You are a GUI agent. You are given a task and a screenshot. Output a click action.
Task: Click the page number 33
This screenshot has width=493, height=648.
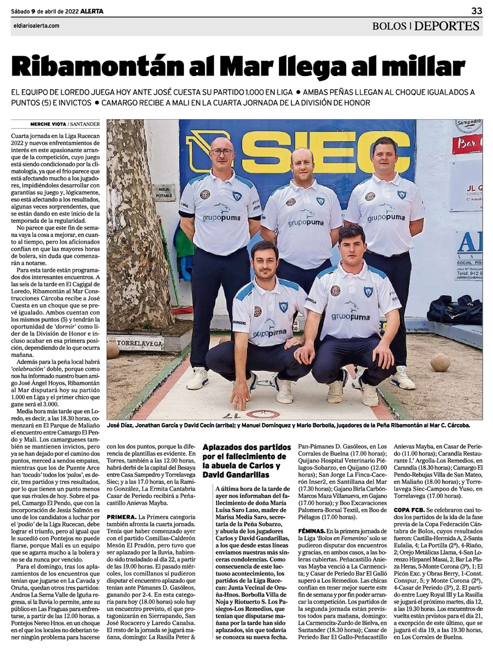point(476,10)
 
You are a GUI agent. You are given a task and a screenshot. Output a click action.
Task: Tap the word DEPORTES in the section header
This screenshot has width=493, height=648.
point(447,26)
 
